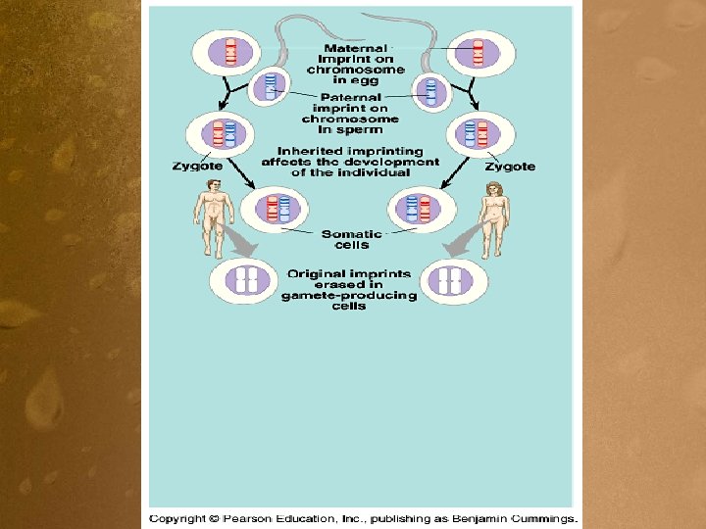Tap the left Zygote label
coord(197,167)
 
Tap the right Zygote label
coord(510,167)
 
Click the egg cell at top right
coord(479,53)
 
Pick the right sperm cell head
coord(429,90)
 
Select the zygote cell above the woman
coord(479,134)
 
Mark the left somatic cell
coord(275,208)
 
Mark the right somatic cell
coord(421,208)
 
